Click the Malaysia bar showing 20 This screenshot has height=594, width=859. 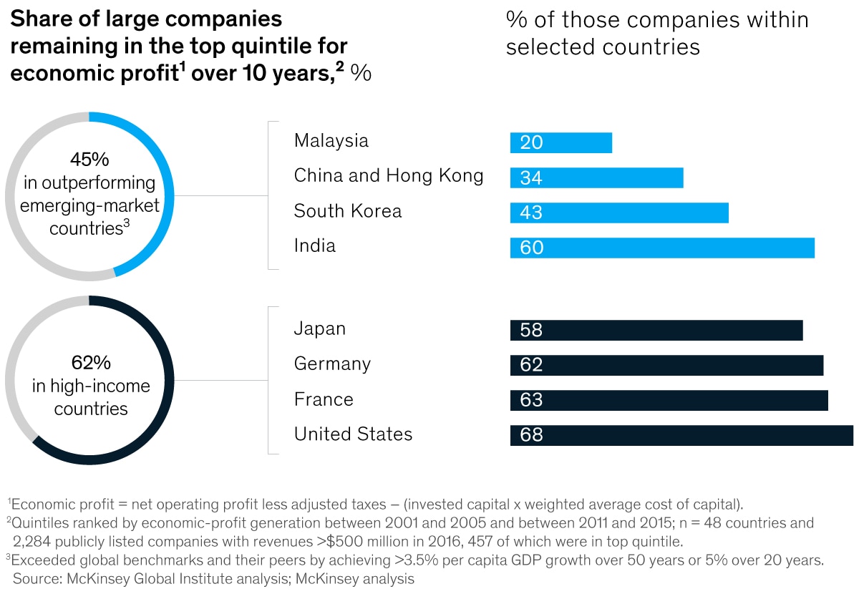click(561, 142)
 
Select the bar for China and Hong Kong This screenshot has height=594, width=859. click(597, 177)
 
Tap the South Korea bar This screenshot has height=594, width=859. click(619, 213)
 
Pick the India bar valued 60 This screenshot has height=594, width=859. click(662, 248)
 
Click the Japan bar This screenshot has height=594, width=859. click(656, 330)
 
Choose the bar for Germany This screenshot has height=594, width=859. click(666, 365)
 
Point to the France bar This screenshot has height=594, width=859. click(669, 400)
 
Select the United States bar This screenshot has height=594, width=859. click(681, 435)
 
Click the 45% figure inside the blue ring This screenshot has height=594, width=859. click(89, 159)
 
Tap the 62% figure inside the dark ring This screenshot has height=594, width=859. click(91, 362)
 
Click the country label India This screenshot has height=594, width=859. click(315, 246)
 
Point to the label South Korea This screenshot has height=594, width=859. click(348, 211)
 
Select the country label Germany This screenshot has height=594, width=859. click(332, 364)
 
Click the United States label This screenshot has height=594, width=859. click(353, 434)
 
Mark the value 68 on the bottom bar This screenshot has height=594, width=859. click(532, 435)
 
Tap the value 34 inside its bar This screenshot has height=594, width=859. click(531, 178)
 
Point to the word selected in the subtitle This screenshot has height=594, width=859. click(551, 47)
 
